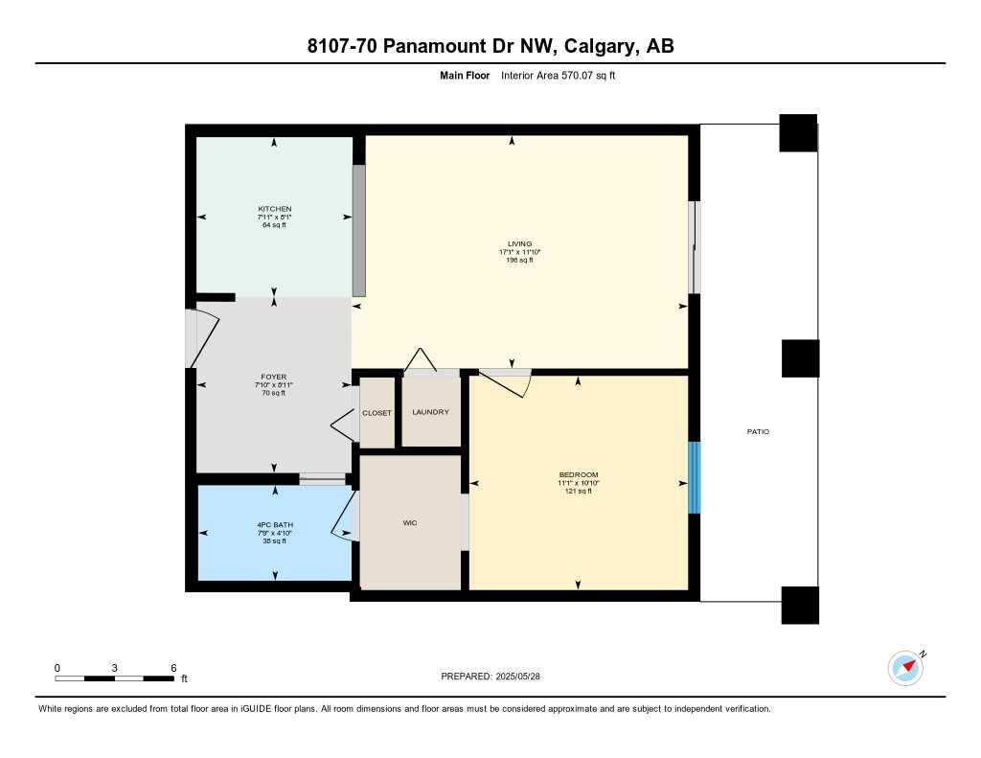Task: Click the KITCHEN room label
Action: [x=274, y=209]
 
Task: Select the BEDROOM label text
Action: [x=578, y=475]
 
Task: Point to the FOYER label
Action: [x=274, y=377]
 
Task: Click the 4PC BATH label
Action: [x=275, y=525]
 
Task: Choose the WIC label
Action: [x=410, y=522]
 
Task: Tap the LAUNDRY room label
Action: [x=430, y=412]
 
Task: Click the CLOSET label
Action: [x=376, y=413]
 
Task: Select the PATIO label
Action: [x=758, y=432]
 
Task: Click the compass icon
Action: [x=905, y=668]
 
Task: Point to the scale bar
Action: [x=115, y=678]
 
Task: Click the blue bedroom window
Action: [x=695, y=477]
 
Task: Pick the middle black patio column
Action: [x=800, y=358]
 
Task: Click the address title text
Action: [x=490, y=46]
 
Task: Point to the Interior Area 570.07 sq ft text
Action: [x=558, y=75]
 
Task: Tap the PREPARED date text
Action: [x=490, y=677]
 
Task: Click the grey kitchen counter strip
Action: [x=359, y=230]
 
